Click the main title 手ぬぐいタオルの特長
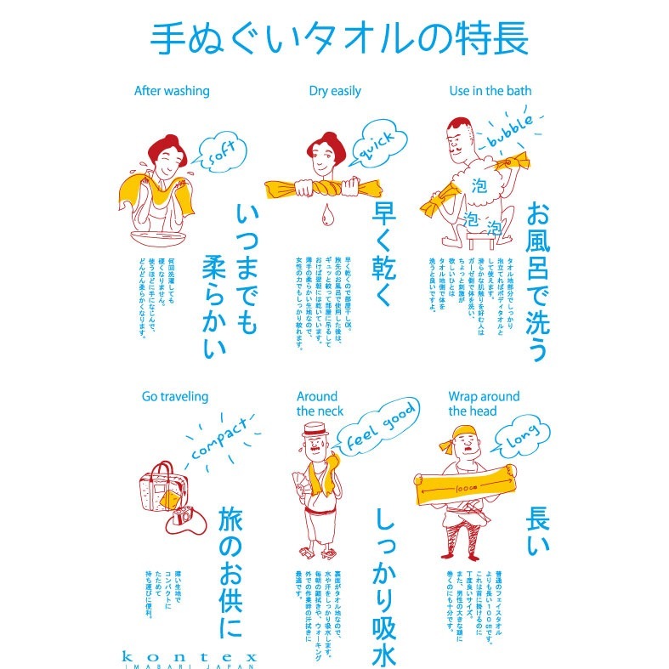(338, 38)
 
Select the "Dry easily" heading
(335, 91)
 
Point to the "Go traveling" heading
(175, 396)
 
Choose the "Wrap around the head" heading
(485, 404)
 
